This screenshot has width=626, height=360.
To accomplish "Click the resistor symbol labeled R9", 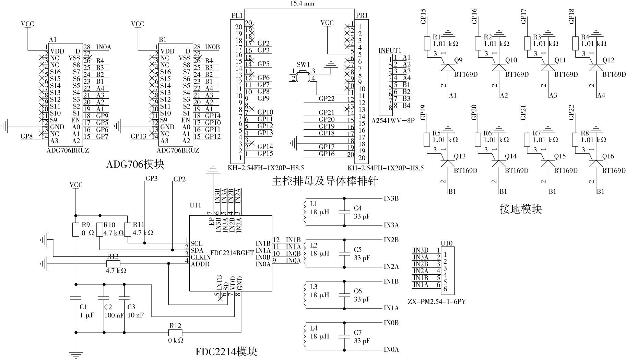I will (x=76, y=229).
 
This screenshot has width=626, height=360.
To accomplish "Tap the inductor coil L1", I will (x=304, y=212).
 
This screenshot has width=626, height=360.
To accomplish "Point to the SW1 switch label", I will (x=303, y=64).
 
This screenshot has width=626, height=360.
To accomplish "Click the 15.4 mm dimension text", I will (x=302, y=4).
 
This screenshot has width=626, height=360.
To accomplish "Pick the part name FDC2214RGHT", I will (x=232, y=253).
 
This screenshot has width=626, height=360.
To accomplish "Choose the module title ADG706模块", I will (x=135, y=164).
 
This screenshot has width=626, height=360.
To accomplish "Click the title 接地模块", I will (x=521, y=209).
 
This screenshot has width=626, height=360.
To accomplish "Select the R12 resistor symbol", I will (x=175, y=333).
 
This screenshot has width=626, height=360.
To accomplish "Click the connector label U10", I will (x=446, y=243).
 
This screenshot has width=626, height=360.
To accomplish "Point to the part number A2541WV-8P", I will (x=393, y=121).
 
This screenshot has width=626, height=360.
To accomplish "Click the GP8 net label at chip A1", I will (x=27, y=136).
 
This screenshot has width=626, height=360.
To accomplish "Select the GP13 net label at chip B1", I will (x=139, y=136).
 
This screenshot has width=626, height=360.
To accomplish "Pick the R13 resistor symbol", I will (x=113, y=263).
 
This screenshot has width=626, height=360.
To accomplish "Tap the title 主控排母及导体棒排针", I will (x=324, y=181).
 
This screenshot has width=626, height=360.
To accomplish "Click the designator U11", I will (x=196, y=205).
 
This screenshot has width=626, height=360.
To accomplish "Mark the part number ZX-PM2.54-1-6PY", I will (x=437, y=302).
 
